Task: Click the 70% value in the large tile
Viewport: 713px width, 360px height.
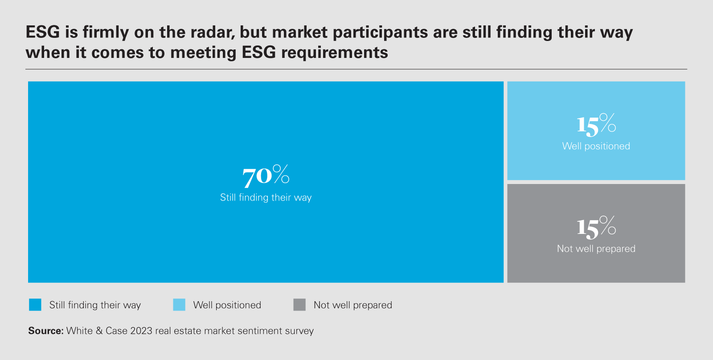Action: pos(266,176)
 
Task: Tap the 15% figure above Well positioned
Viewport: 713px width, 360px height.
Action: pos(596,124)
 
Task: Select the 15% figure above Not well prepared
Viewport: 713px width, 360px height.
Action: pos(596,227)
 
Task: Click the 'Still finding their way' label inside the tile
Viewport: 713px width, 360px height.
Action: pos(266,197)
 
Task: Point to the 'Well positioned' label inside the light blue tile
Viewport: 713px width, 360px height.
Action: pos(596,146)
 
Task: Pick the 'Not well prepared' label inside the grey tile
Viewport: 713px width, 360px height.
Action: pos(596,249)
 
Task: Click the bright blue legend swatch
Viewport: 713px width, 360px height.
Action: pos(35,305)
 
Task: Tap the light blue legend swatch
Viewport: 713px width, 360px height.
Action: pos(179,305)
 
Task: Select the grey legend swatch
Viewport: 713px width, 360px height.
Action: pos(299,305)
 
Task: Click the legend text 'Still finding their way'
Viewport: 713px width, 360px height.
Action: pos(95,305)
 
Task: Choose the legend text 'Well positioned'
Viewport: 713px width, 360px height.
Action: pos(227,305)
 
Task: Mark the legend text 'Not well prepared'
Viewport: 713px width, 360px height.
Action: pos(352,305)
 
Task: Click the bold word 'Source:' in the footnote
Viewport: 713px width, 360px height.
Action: pos(46,331)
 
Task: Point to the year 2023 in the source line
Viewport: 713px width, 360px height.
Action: pos(141,331)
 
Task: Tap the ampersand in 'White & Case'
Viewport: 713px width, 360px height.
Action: pos(99,331)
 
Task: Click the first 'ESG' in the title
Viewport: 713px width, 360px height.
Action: pos(43,33)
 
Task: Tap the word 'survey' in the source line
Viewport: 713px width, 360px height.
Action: pos(300,331)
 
